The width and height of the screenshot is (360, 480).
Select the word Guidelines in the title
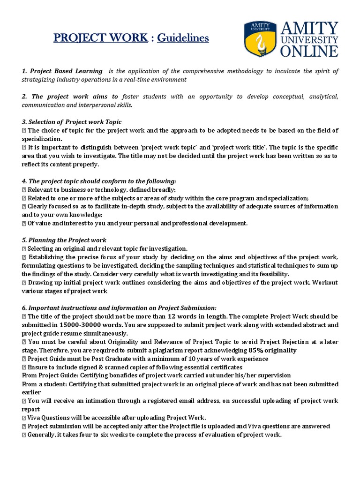tap(183, 38)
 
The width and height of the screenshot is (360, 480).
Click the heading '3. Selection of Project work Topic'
tap(71, 122)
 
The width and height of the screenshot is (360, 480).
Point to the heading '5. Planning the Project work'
tap(64, 240)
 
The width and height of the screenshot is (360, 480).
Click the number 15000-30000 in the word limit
tap(80, 324)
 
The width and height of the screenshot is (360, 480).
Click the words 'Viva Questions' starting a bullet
tap(49, 418)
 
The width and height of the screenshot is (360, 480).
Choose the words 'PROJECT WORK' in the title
tap(100, 38)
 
